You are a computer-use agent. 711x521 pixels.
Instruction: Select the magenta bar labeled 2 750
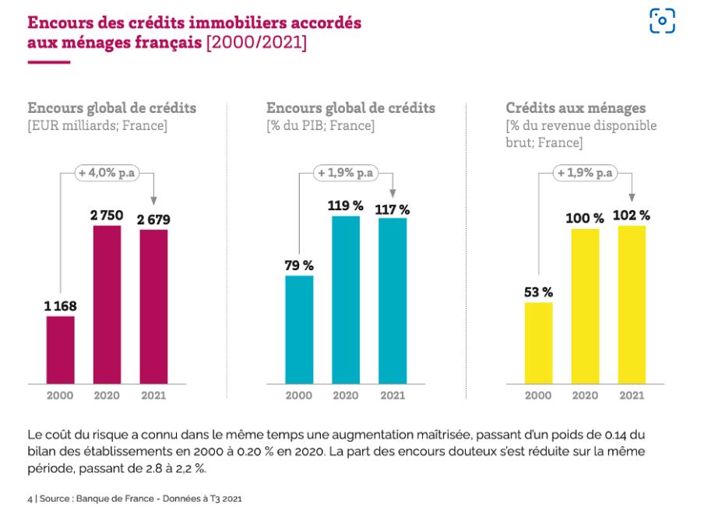[x=107, y=305]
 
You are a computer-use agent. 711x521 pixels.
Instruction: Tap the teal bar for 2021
[x=392, y=301]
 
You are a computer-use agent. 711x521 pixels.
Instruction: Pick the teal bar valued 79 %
[x=299, y=329]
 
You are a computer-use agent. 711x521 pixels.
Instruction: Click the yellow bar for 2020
[x=585, y=305]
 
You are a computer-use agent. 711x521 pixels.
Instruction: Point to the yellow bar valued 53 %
[x=538, y=342]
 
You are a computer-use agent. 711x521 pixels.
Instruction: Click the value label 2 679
[x=154, y=220]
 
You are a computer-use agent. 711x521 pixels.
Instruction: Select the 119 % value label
[x=346, y=206]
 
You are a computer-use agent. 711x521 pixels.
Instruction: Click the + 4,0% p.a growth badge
[x=107, y=173]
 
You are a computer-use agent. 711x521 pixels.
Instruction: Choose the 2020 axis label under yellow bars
[x=585, y=396]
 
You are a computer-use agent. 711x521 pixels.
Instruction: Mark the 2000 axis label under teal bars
[x=299, y=396]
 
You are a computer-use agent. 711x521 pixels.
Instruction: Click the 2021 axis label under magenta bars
[x=153, y=396]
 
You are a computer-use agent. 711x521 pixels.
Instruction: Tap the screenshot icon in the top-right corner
[x=662, y=21]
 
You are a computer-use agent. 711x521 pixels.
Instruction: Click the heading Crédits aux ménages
[x=575, y=108]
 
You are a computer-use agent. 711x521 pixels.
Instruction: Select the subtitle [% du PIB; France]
[x=320, y=125]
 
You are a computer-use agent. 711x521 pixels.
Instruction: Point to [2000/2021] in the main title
[x=256, y=43]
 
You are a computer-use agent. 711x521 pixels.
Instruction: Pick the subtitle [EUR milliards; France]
[x=97, y=125]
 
